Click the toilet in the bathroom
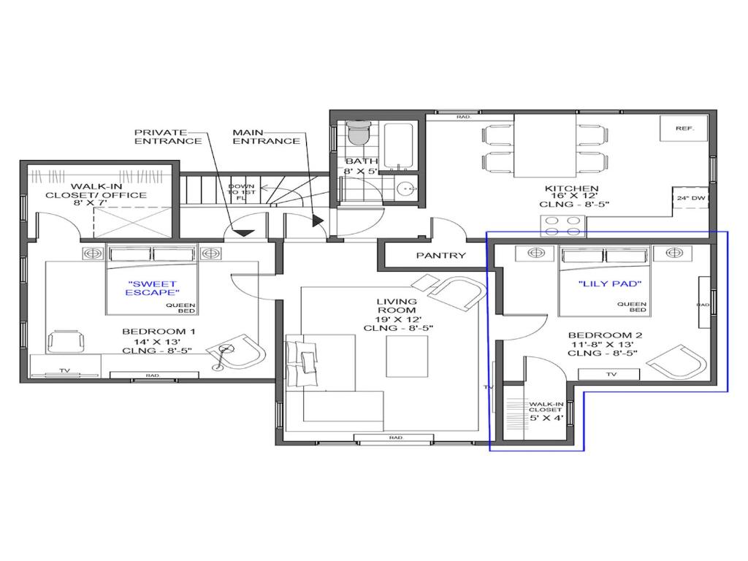coord(359,132)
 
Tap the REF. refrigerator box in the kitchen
coord(684,129)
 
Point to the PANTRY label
coord(441,256)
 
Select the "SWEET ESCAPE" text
coord(151,288)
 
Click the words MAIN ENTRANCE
coord(266,137)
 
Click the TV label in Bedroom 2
coord(611,374)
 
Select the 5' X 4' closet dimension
coord(546,419)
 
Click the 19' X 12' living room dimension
coord(398,319)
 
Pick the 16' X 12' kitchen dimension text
coord(572,196)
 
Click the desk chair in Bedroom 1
coord(66,341)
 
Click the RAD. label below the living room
coord(397,438)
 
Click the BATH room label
coord(361,161)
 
